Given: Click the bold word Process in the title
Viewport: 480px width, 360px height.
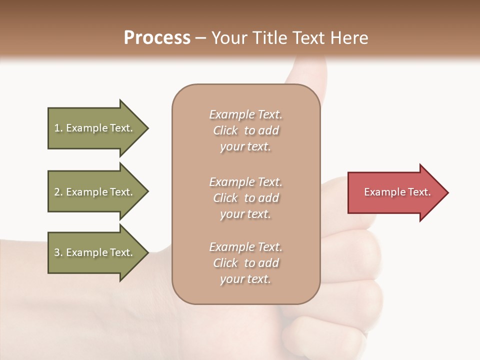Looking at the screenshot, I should pyautogui.click(x=157, y=38).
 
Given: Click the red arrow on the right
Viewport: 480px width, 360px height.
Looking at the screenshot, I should pyautogui.click(x=395, y=192).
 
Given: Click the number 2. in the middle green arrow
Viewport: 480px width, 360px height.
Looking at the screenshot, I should pyautogui.click(x=58, y=192).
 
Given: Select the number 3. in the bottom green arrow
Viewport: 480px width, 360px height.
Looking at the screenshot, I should pyautogui.click(x=58, y=252).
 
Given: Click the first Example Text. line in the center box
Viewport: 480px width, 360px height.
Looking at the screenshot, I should pyautogui.click(x=245, y=115).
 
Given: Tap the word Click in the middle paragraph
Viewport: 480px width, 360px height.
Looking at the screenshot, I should pyautogui.click(x=225, y=198).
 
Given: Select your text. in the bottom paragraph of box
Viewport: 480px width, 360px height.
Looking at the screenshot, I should pyautogui.click(x=245, y=279).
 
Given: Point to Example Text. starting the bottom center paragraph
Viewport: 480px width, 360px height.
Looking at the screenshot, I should pyautogui.click(x=245, y=247).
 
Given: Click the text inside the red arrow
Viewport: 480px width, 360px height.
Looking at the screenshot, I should pyautogui.click(x=397, y=192).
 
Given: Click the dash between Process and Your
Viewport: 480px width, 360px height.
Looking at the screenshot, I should pyautogui.click(x=200, y=38).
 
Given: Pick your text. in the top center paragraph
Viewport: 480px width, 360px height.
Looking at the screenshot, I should pyautogui.click(x=245, y=147).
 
